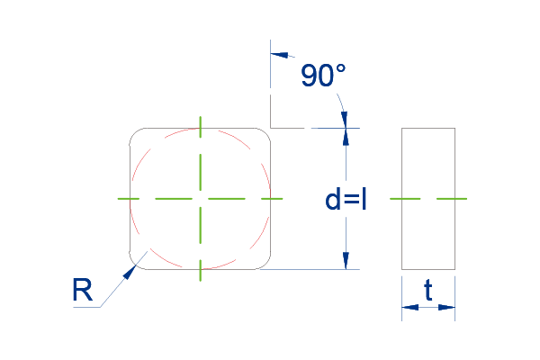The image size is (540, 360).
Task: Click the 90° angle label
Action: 323,75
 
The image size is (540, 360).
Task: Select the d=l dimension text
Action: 346,200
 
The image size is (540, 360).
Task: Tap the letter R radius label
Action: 83,290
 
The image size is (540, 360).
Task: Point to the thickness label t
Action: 428,290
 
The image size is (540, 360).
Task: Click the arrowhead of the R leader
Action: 129,273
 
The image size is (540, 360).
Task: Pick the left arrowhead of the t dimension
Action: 410,307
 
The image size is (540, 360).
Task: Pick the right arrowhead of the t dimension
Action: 446,307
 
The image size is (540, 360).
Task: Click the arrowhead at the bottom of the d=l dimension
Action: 346,261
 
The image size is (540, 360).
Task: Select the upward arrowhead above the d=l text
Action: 346,137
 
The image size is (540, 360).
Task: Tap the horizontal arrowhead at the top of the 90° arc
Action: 279,55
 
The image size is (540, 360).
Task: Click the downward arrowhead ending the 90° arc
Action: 344,120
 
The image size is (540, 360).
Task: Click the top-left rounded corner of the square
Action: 135,133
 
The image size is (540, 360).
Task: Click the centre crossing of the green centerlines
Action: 200,199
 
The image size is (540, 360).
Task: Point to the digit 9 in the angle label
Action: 308,75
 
